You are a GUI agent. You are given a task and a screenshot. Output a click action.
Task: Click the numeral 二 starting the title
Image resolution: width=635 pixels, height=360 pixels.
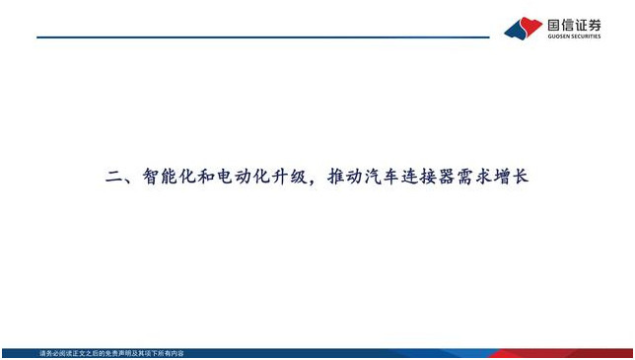tap(113, 179)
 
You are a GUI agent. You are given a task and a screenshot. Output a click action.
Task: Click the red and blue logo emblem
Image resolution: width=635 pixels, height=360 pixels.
tap(523, 28)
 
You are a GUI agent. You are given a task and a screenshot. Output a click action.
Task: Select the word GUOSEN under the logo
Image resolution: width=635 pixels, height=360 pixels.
tap(558, 37)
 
